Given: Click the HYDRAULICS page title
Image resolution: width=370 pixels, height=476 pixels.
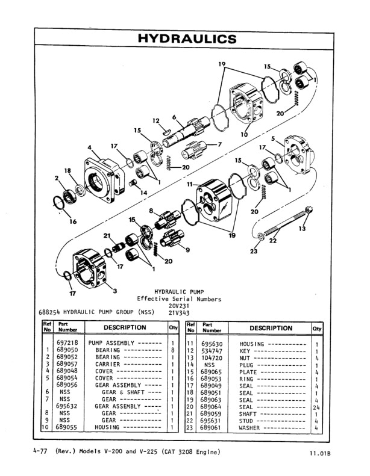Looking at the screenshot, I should click(187, 39).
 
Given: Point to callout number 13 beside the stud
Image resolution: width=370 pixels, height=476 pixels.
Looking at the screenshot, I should click(303, 229).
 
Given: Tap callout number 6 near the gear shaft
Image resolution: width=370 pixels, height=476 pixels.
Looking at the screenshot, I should click(174, 117).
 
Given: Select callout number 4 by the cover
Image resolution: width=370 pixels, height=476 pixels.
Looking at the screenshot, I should click(90, 147).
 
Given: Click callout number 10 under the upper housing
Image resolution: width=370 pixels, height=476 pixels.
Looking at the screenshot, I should click(244, 135).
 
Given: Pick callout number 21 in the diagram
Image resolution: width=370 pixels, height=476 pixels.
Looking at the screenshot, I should click(107, 235).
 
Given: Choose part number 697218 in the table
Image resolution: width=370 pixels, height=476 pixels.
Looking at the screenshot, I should click(67, 343).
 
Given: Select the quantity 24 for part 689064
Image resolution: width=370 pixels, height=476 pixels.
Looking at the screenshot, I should click(316, 406).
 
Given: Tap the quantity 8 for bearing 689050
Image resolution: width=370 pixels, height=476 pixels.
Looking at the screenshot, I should click(172, 350).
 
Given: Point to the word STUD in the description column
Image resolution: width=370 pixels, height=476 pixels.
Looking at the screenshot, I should click(249, 421).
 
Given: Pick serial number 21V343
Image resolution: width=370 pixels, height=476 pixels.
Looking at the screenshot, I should click(179, 313).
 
